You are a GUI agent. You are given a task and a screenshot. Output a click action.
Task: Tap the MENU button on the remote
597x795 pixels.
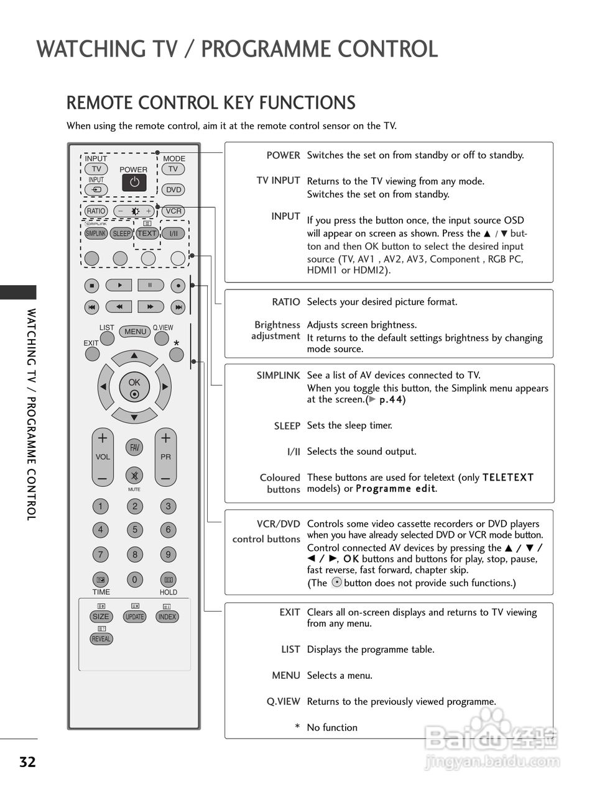pyautogui.click(x=135, y=332)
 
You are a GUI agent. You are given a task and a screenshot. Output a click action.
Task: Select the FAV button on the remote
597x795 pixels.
pyautogui.click(x=134, y=447)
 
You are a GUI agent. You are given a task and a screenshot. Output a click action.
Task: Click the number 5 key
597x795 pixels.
pyautogui.click(x=134, y=530)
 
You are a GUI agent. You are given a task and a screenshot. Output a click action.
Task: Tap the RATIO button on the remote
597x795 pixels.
pyautogui.click(x=96, y=211)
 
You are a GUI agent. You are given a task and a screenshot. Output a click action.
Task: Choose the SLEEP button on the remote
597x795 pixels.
pyautogui.click(x=121, y=234)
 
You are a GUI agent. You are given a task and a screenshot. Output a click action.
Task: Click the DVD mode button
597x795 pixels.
pyautogui.click(x=174, y=190)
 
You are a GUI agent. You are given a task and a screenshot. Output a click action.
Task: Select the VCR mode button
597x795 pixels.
pyautogui.click(x=174, y=211)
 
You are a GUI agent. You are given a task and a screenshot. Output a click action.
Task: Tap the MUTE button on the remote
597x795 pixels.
pyautogui.click(x=134, y=476)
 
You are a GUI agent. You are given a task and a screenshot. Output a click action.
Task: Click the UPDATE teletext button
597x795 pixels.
pyautogui.click(x=134, y=617)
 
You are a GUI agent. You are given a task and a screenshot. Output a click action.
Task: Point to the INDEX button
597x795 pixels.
pyautogui.click(x=167, y=617)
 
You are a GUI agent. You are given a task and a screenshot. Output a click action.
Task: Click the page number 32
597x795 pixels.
pyautogui.click(x=27, y=762)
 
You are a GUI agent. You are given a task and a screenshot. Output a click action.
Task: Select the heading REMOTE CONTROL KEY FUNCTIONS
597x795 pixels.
pyautogui.click(x=211, y=102)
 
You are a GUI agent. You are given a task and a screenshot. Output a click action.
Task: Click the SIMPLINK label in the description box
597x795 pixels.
pyautogui.click(x=278, y=376)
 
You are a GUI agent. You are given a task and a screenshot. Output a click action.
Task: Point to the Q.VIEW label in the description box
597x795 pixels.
pyautogui.click(x=283, y=702)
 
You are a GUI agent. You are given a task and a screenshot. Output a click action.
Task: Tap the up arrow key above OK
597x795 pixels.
pyautogui.click(x=134, y=356)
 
